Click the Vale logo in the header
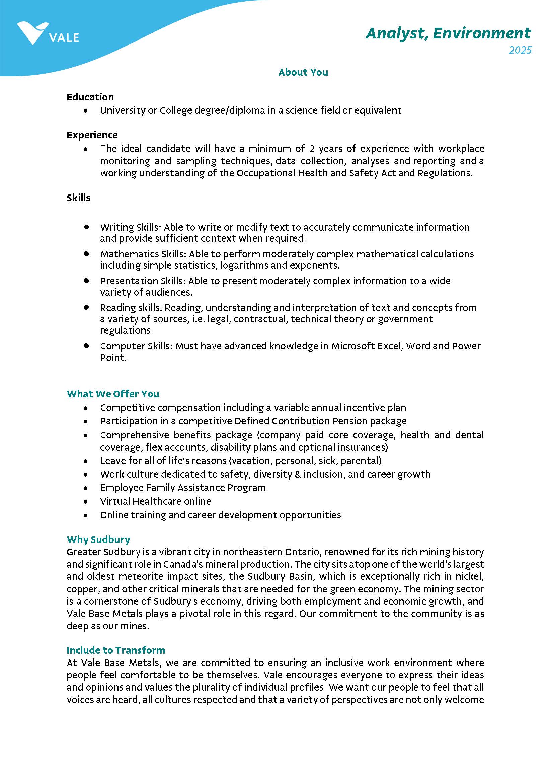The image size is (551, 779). point(48,33)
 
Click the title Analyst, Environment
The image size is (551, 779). point(448,33)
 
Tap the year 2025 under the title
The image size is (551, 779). point(520,50)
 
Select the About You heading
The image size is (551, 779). point(303,72)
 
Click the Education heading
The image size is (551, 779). point(90,97)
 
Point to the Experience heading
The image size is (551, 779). point(92,135)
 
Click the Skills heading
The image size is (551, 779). point(78,198)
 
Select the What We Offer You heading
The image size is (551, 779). point(112,394)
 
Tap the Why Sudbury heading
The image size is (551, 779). point(98,539)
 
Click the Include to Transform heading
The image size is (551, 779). point(116,650)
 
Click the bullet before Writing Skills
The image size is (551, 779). point(86,227)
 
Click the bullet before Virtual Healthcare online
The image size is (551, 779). point(86,502)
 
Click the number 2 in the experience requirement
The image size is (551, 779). point(311,149)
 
